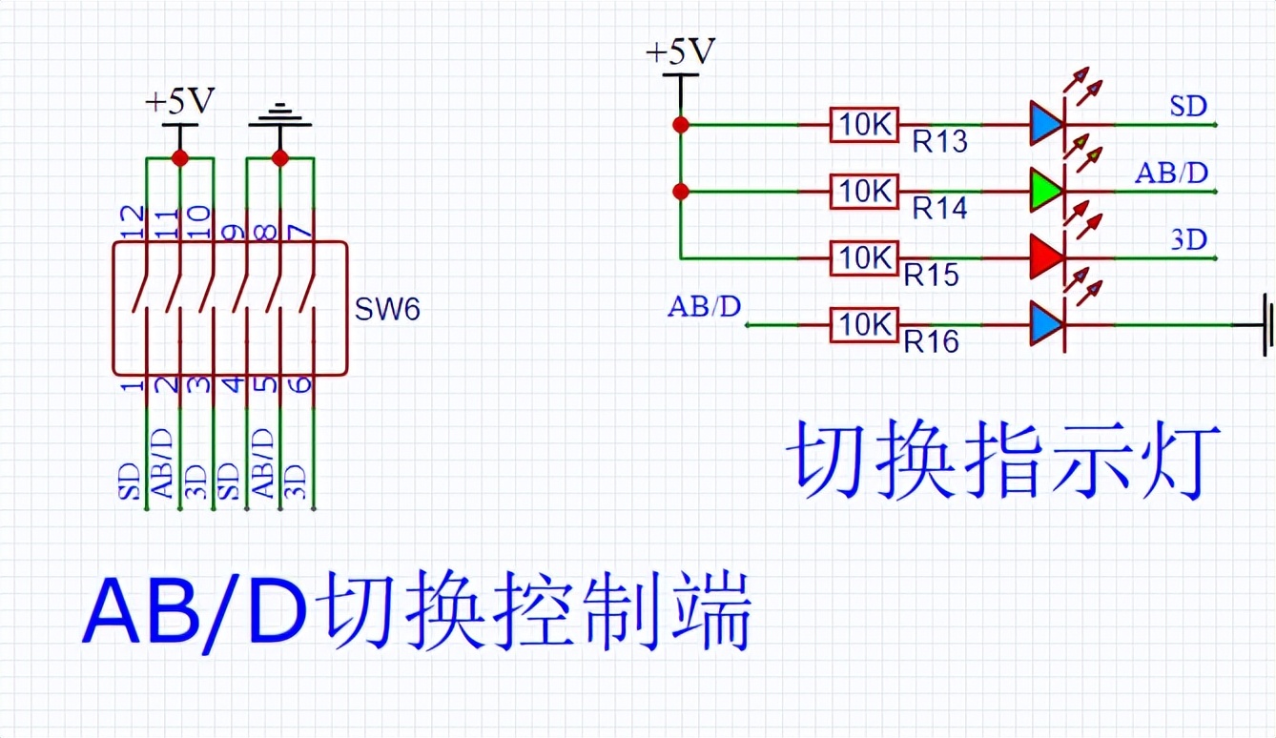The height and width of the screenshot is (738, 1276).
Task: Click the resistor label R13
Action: (x=939, y=142)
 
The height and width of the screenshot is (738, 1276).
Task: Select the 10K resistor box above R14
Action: (x=864, y=192)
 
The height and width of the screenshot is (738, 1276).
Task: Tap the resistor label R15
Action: (x=932, y=275)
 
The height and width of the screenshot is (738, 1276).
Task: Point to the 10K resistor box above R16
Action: (x=864, y=325)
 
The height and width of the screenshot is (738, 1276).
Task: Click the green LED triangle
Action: (x=1046, y=191)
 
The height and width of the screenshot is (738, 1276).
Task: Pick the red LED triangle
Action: (x=1046, y=257)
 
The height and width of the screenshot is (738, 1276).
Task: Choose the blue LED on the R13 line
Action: (x=1046, y=125)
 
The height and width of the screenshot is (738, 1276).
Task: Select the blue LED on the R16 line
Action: (x=1046, y=325)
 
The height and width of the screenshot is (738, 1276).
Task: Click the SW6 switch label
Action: (x=387, y=310)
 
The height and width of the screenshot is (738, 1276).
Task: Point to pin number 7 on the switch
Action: (x=298, y=231)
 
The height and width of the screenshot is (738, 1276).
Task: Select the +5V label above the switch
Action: (x=179, y=100)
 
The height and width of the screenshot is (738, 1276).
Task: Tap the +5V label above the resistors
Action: (x=681, y=52)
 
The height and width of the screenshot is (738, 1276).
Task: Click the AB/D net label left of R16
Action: (x=704, y=307)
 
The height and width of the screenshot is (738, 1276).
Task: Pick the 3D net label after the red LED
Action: (x=1188, y=239)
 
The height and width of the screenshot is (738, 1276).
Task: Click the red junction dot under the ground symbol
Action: (x=279, y=157)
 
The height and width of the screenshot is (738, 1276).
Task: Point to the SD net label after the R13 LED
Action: (x=1188, y=106)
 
